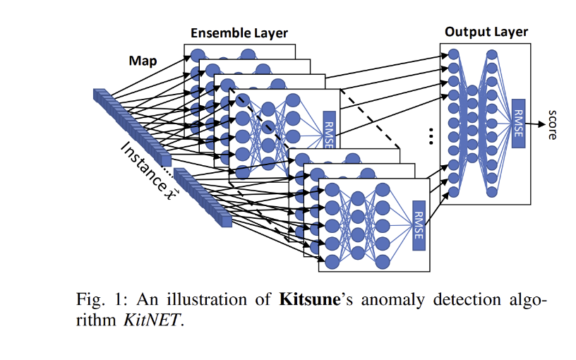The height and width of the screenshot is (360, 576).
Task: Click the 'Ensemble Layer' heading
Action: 240,33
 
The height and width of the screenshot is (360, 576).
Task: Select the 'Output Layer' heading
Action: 486,32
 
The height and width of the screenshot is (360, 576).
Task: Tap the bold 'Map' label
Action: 143,61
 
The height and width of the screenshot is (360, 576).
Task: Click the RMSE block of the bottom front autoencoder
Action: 418,224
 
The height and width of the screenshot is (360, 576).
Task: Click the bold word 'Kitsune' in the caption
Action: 307,299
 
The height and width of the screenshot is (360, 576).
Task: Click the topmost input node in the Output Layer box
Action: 454,55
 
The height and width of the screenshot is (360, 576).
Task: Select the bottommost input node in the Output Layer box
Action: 454,191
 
